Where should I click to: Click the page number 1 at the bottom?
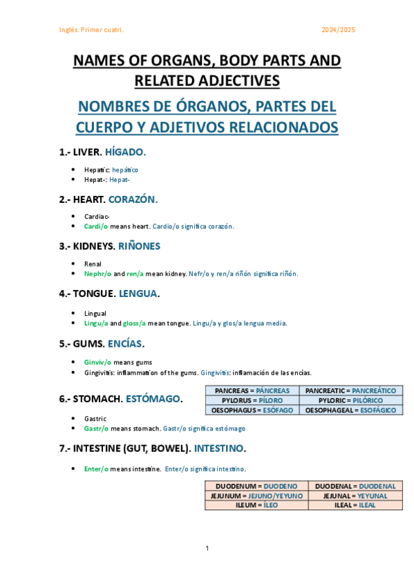207,548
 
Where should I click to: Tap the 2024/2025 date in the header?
339,30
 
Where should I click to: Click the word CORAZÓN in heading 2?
133,199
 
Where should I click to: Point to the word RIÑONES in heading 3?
139,246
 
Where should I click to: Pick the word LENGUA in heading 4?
138,293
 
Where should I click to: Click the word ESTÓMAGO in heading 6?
149,399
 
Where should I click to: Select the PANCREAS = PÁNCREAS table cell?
252,391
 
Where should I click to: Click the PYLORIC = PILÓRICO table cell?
352,401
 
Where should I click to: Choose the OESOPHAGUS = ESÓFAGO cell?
252,410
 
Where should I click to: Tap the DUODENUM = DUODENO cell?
256,486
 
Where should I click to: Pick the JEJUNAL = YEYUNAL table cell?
355,496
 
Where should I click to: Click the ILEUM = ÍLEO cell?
256,505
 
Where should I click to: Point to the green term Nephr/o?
97,273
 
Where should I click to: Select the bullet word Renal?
93,264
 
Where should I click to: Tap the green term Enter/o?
96,469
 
